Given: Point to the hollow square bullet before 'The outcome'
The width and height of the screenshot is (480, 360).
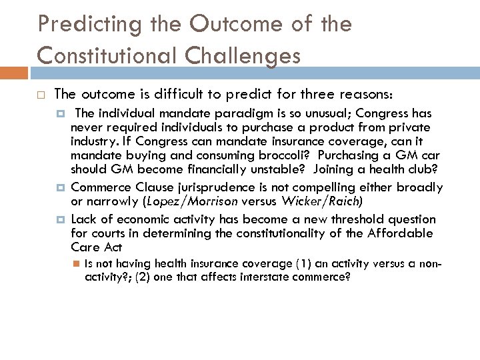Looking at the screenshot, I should point(41,95).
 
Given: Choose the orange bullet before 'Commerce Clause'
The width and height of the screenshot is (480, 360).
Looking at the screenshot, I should point(61,187).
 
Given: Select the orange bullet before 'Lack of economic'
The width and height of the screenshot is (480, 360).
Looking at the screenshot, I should point(61,219).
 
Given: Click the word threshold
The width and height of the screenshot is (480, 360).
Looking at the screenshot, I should point(353,219).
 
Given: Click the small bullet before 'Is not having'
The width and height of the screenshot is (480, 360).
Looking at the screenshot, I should point(77,263).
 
